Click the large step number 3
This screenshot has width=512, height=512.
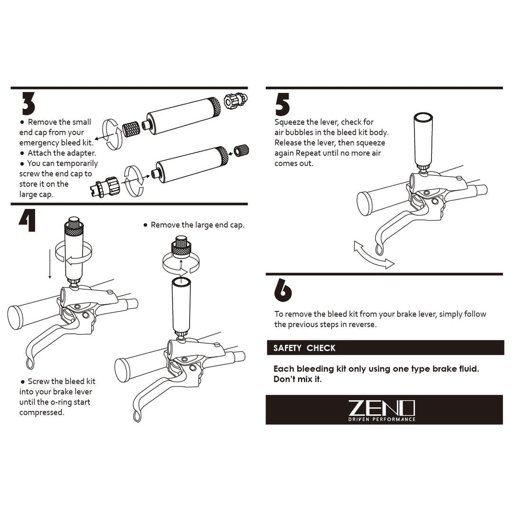(x=28, y=103)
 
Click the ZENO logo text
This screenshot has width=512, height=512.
(x=382, y=407)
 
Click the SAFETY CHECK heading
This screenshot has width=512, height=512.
(x=304, y=348)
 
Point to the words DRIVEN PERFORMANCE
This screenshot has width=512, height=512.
(x=382, y=419)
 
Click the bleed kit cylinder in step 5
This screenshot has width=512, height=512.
(x=423, y=138)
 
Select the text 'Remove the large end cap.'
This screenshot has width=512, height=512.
(x=197, y=225)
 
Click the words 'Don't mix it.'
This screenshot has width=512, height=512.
(x=297, y=379)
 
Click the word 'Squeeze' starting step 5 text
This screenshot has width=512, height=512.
(x=290, y=122)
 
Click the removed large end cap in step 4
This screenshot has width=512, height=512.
(x=181, y=247)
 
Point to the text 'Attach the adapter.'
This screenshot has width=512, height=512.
(x=62, y=153)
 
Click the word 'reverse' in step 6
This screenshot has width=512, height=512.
(x=362, y=324)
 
